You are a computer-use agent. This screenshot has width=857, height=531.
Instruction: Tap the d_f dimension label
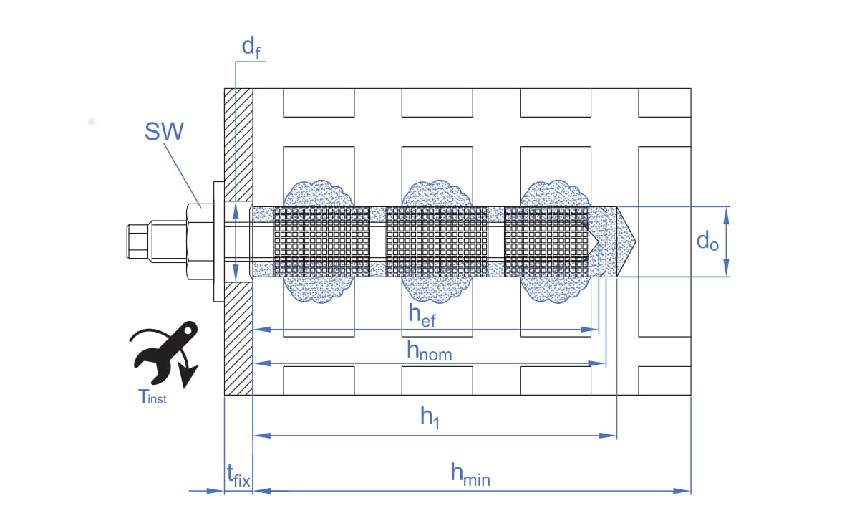pos(251,47)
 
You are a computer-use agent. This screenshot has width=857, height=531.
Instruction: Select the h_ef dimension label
pos(422,315)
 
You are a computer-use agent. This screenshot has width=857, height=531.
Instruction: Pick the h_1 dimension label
pos(430,419)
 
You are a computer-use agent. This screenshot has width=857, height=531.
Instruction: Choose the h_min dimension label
pos(470,474)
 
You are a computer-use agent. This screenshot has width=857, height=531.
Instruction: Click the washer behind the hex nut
pos(218,241)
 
